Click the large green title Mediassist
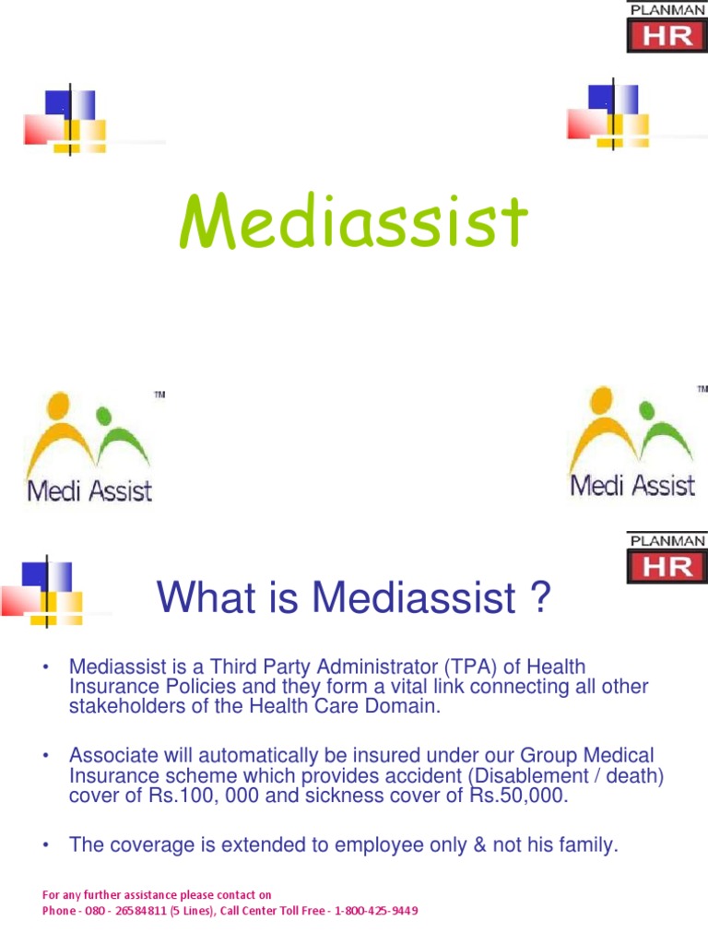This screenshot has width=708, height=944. (x=353, y=222)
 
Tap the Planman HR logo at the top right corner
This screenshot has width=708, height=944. (x=667, y=27)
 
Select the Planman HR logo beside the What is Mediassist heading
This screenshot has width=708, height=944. (x=667, y=557)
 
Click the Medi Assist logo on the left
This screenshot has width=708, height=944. (x=90, y=447)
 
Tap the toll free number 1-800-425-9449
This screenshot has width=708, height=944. (x=376, y=911)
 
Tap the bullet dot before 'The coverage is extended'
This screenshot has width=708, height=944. (x=43, y=845)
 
